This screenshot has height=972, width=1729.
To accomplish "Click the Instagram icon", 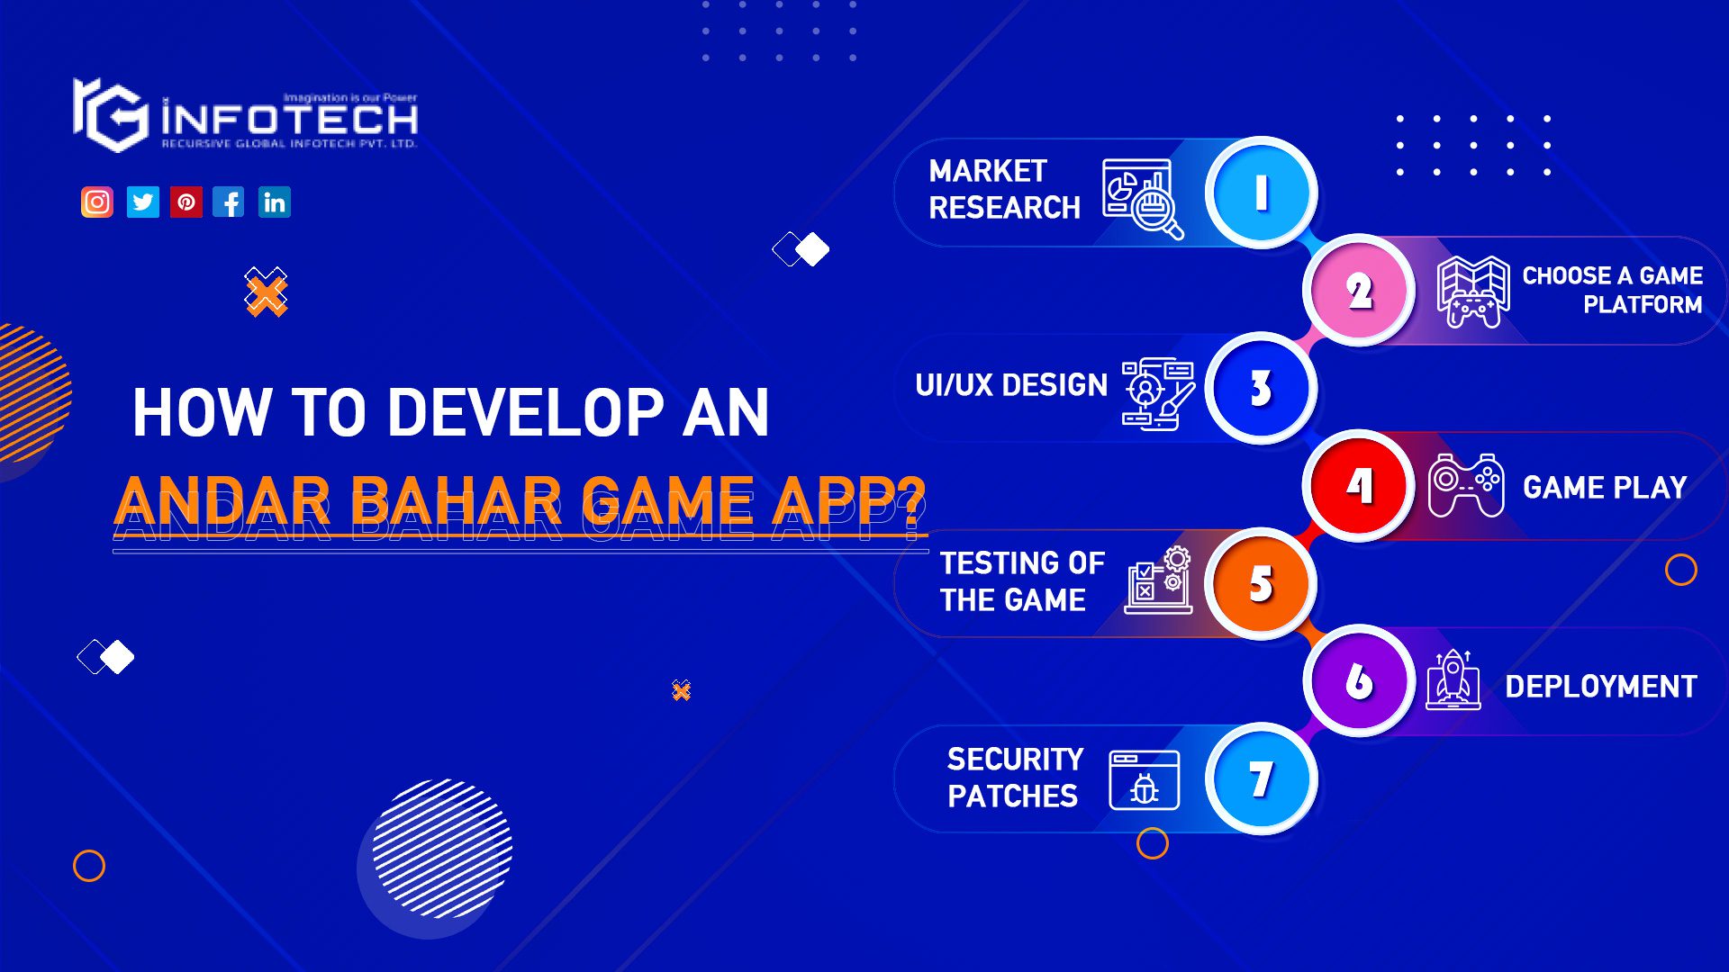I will coord(97,202).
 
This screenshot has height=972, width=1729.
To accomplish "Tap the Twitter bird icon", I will coord(142,202).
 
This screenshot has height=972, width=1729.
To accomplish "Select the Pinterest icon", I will coord(186,202).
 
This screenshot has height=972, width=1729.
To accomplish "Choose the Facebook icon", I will coord(229,202).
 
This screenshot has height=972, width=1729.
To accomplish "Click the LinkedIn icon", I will coord(275,202).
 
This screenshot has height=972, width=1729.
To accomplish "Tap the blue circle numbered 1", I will coord(1261,193).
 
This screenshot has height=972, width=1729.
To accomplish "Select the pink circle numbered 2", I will coord(1359,291).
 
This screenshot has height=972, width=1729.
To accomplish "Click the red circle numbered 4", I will coord(1359,486).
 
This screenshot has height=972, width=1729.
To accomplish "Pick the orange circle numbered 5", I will coord(1261,583).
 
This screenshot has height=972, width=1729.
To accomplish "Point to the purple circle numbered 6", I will coord(1359,681).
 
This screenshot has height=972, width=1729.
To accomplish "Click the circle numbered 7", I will coord(1261,778).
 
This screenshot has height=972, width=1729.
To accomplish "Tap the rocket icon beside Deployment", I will coord(1453,681).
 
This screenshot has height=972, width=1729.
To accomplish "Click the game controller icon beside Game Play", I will coord(1466,486).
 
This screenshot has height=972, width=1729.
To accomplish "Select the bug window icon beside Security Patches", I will coord(1145,780).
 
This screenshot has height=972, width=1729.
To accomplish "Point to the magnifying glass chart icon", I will coord(1143,199).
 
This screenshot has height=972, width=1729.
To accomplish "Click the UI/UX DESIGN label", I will coord(1010,385).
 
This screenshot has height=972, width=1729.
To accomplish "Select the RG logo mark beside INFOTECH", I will coord(110,115).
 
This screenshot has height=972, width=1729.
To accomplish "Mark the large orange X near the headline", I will coord(266,292).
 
